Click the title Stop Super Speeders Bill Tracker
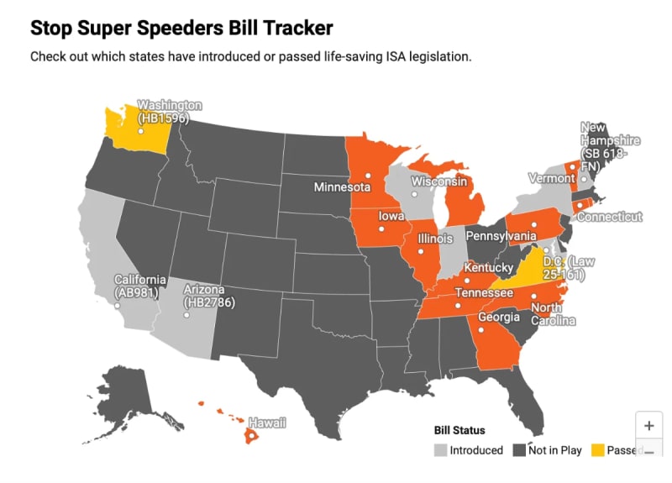[x=181, y=28]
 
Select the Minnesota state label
[x=342, y=186]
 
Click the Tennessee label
[x=484, y=293]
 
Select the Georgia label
[x=499, y=318]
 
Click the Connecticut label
[x=609, y=217]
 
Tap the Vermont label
[x=551, y=178]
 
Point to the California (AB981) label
[x=140, y=286]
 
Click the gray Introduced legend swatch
[x=440, y=450]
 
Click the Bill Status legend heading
[x=459, y=430]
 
